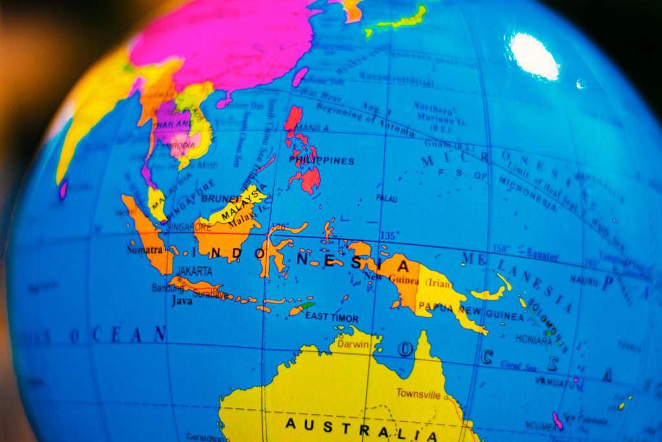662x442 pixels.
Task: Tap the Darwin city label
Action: [x=354, y=344]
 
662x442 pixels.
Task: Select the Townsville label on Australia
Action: [x=418, y=393]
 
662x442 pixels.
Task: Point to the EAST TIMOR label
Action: [x=332, y=317]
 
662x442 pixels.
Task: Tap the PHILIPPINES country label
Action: [x=321, y=160]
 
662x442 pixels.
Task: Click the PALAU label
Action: [x=387, y=198]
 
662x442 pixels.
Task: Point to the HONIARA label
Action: [x=533, y=338]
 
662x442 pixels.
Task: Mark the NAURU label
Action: [x=584, y=280]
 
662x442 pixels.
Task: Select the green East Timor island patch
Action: [x=308, y=305]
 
